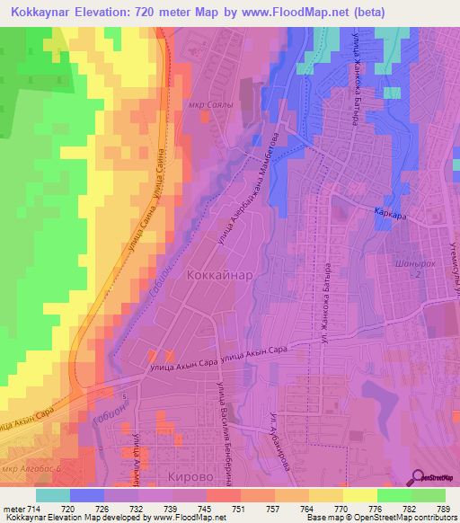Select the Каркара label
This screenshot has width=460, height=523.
393,213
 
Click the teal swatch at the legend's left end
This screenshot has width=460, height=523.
53,494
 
